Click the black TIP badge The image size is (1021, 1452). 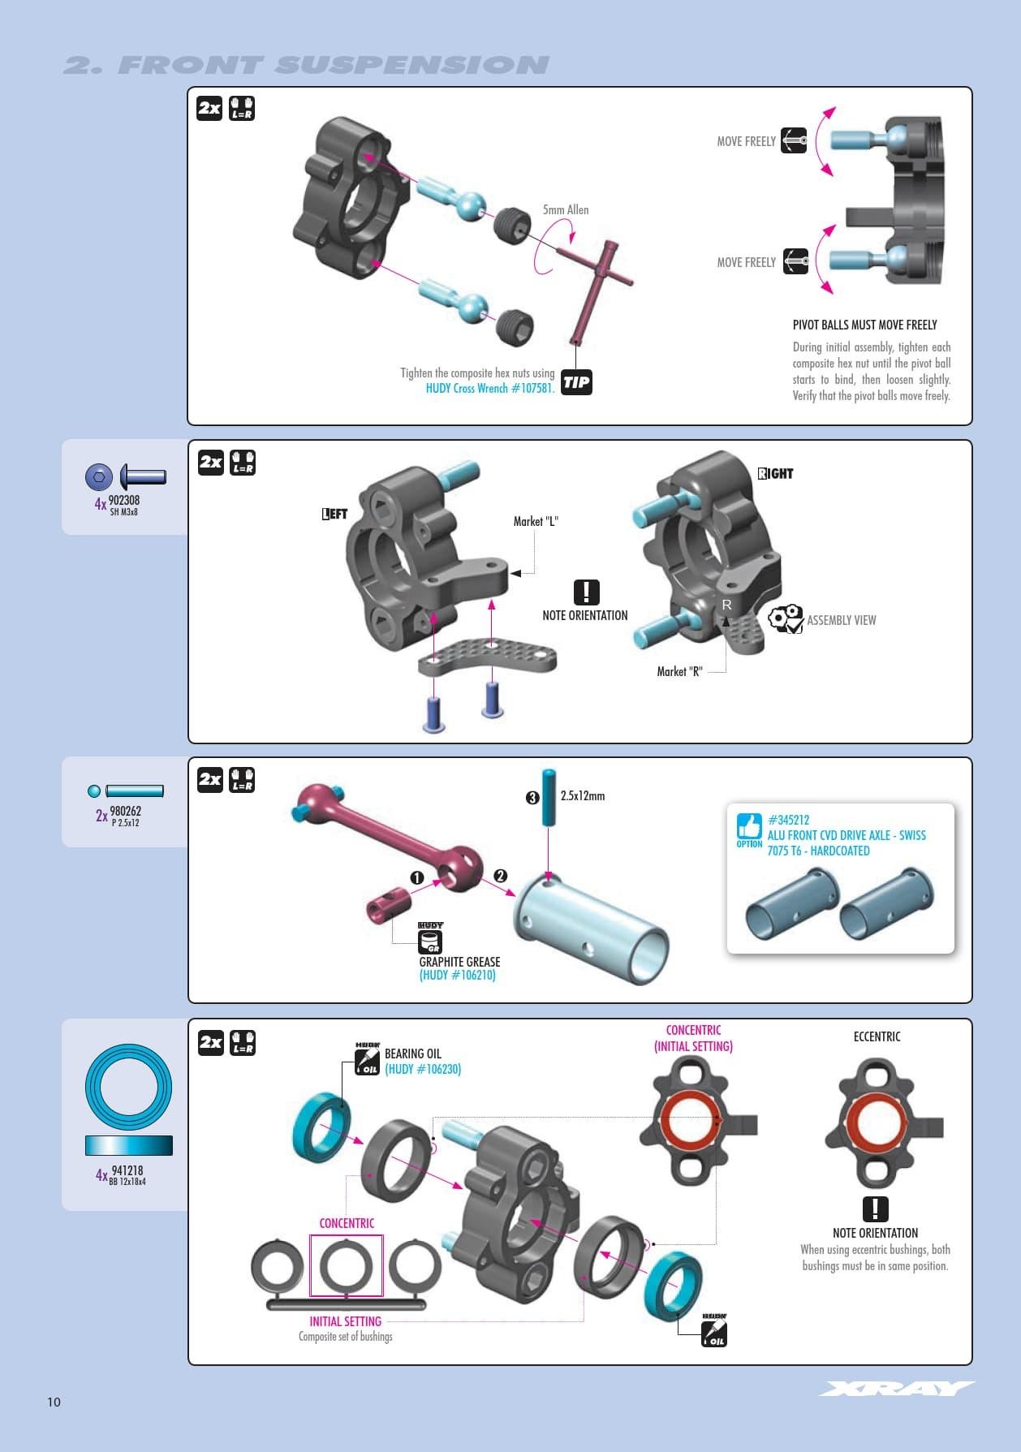pos(576,382)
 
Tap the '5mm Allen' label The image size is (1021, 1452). pos(566,209)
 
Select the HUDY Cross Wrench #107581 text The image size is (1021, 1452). pos(490,388)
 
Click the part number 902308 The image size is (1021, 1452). pos(124,500)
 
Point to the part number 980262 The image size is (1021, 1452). pos(125,811)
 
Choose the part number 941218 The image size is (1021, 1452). pos(127,1170)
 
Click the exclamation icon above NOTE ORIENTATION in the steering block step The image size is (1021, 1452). pos(586,592)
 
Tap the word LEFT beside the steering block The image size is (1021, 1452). pos(334,514)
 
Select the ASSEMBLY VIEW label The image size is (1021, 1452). pos(841,620)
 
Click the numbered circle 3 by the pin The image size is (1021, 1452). pos(532,798)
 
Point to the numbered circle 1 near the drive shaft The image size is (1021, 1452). pos(417,877)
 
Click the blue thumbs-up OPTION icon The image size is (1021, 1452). pos(749,827)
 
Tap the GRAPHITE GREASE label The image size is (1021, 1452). pos(459,962)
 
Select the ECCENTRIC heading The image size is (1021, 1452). pos(877,1036)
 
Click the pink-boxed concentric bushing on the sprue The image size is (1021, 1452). pos(347,1265)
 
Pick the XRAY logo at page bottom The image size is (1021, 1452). pos(896,1389)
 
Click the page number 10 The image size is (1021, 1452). pos(54,1402)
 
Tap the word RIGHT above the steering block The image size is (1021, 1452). pos(775,473)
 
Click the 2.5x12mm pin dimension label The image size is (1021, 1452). pos(582,795)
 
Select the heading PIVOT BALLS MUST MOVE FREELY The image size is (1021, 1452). pos(864,325)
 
